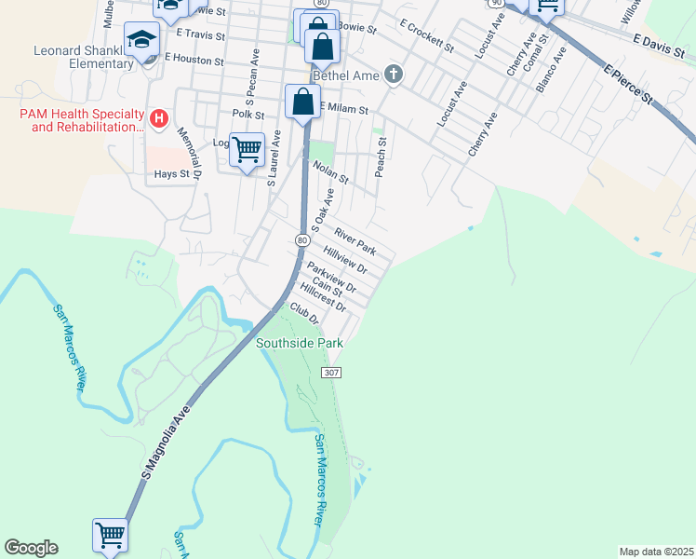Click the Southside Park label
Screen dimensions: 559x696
[300, 343]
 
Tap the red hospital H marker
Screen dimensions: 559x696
[159, 119]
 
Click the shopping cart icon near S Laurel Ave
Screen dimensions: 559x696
[247, 148]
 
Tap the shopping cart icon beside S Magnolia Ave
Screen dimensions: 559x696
[110, 535]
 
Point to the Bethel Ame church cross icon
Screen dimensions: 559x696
[394, 74]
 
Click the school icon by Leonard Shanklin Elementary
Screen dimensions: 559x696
[142, 40]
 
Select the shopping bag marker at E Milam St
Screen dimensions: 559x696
[303, 101]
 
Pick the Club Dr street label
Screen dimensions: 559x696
[304, 312]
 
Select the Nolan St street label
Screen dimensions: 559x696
[330, 172]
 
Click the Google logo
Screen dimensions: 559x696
[31, 548]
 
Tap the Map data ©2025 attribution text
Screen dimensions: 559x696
[657, 552]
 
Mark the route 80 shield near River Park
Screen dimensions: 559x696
[302, 240]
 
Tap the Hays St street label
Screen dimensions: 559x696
[172, 173]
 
